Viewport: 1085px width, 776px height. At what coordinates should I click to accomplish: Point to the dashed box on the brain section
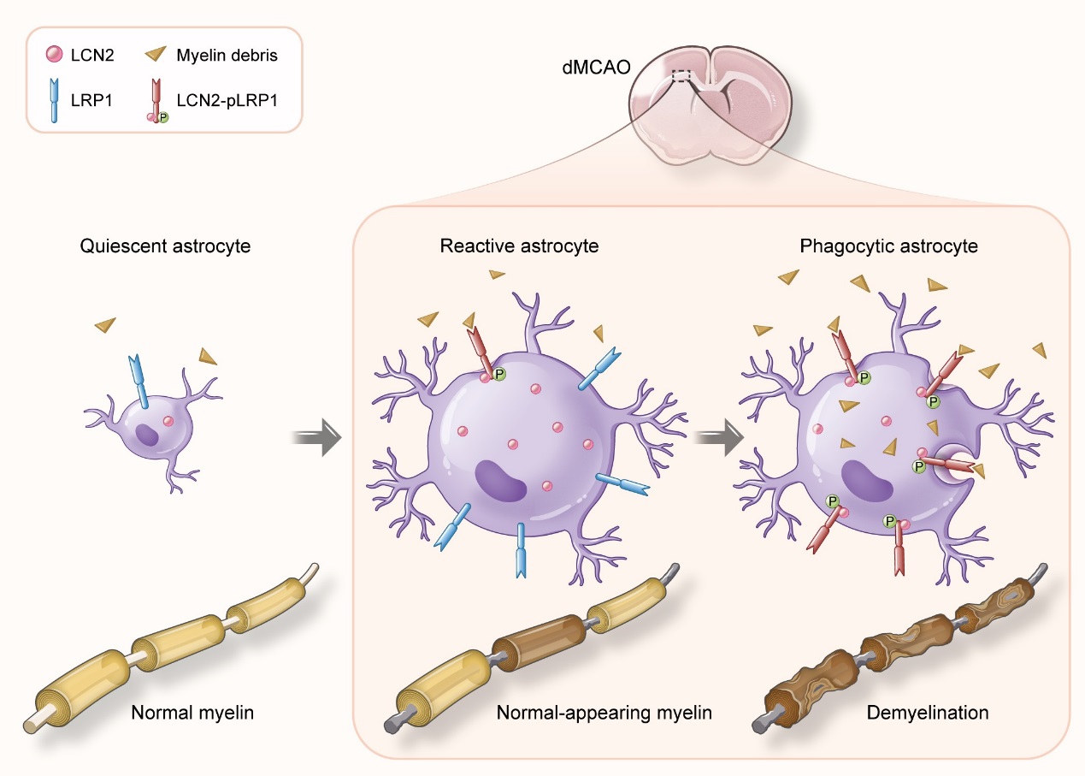[681, 76]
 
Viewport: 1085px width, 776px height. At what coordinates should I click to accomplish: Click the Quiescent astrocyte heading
[166, 246]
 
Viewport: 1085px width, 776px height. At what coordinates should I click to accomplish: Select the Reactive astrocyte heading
[519, 246]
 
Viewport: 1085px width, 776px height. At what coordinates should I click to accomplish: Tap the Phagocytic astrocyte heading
[889, 246]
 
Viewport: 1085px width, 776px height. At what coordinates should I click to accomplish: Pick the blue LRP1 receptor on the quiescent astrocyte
[139, 382]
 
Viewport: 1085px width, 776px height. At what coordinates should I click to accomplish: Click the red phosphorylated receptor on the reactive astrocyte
[479, 351]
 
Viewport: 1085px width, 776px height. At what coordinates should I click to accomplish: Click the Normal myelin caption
[192, 712]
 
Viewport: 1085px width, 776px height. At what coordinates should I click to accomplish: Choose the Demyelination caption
[928, 712]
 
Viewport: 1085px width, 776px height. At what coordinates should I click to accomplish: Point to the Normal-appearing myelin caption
[604, 712]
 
